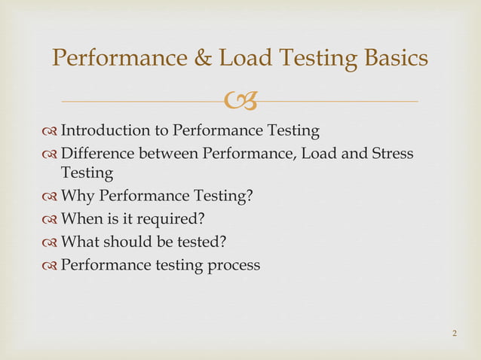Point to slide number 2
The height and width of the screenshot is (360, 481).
pyautogui.click(x=455, y=333)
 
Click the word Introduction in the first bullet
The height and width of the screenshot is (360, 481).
pyautogui.click(x=105, y=131)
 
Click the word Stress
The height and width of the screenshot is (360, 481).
pyautogui.click(x=392, y=154)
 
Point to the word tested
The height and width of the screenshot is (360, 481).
pyautogui.click(x=206, y=242)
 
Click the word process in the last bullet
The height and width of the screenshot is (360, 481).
pyautogui.click(x=234, y=264)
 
